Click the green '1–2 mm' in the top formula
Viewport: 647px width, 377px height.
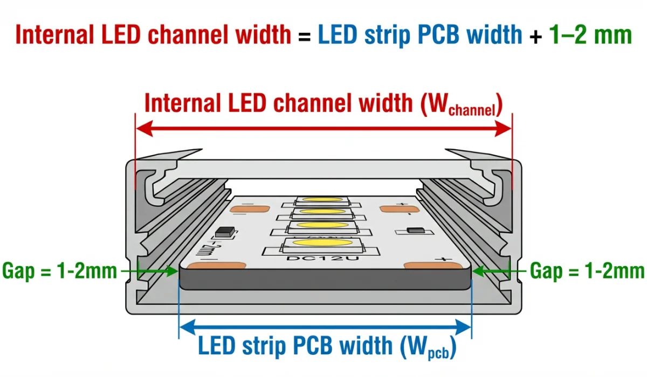[x=590, y=35]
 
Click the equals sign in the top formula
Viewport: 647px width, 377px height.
[x=304, y=36]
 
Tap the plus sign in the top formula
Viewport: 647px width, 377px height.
[x=535, y=36]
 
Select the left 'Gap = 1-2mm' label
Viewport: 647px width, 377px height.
[x=60, y=270]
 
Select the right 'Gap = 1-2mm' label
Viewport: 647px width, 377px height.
[x=587, y=270]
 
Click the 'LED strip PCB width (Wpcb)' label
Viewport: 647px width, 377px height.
[x=327, y=346]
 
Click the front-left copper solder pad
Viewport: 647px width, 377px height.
[x=218, y=265]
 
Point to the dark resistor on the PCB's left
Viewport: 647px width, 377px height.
[x=224, y=232]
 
